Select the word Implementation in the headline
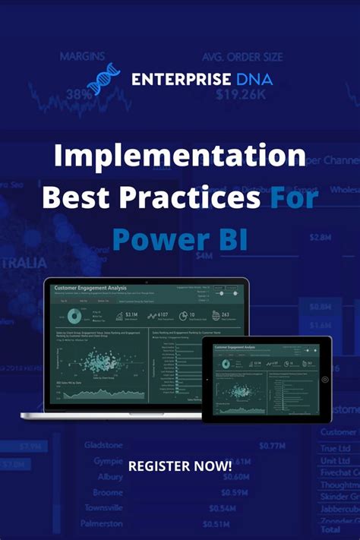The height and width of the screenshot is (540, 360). [x=180, y=157]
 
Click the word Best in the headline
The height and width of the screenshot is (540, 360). [x=75, y=197]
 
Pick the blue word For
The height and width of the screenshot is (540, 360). [x=293, y=197]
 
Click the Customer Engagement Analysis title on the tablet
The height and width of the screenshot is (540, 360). [x=235, y=347]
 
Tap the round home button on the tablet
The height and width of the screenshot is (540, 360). [x=325, y=379]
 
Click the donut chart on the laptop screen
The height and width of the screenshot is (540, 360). [x=75, y=315]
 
